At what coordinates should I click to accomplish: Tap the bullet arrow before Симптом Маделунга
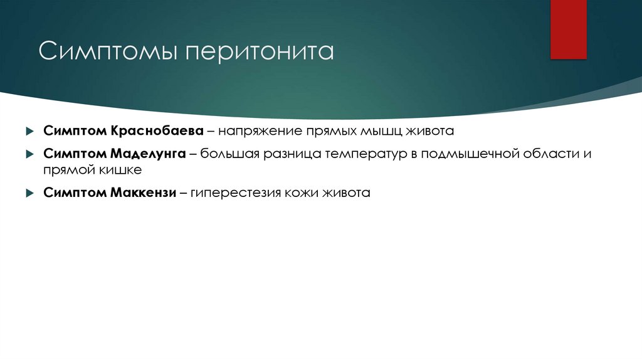coord(29,154)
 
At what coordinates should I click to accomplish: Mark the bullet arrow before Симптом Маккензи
coord(29,193)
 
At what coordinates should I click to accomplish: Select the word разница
coord(295,154)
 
